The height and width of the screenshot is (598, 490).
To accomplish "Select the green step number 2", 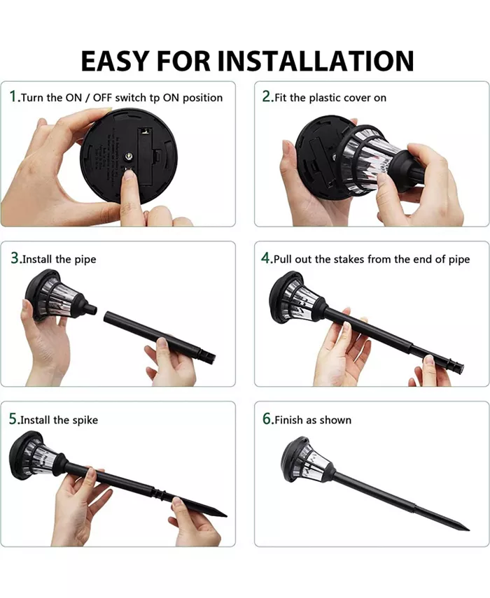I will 267,97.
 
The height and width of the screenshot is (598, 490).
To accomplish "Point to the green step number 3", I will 14,258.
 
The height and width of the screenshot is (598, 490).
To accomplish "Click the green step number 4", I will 266,258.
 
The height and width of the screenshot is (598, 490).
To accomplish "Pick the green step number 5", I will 13,419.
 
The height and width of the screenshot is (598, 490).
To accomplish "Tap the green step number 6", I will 267,419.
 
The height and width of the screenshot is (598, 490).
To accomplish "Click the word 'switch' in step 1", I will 131,98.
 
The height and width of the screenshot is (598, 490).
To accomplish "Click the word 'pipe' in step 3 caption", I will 85,259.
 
